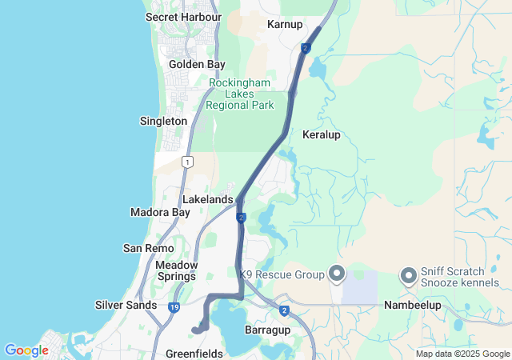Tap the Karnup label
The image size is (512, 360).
(x=284, y=24)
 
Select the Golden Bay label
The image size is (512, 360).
(x=197, y=64)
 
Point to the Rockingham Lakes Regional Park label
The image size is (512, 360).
(x=239, y=94)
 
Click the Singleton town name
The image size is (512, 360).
(x=163, y=121)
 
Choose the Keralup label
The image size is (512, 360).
(x=322, y=134)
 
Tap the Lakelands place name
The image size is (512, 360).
(x=207, y=198)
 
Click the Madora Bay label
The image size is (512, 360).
(x=160, y=212)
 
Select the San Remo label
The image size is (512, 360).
(x=144, y=248)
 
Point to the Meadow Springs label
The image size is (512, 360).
(x=176, y=270)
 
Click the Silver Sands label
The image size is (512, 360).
(x=126, y=305)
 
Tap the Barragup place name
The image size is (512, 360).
(x=266, y=330)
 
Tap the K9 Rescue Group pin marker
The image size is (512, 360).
(x=336, y=275)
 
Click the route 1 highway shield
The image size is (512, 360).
(x=187, y=162)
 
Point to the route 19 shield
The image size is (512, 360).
(x=174, y=307)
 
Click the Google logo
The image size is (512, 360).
(x=26, y=350)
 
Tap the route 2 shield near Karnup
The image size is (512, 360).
(x=306, y=48)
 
